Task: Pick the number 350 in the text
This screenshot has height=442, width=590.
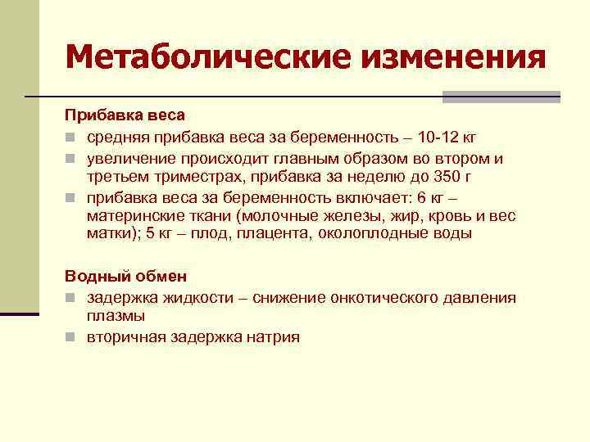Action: click(465, 177)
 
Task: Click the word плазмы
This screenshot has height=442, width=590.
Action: click(116, 315)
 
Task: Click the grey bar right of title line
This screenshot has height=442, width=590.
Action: click(501, 97)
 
